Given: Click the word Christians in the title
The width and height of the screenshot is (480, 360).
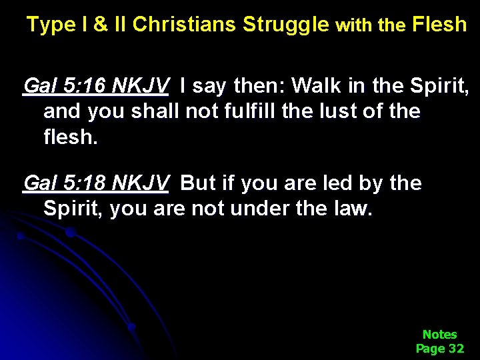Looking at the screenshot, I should coord(185,25).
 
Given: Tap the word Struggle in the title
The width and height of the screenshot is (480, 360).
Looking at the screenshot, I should coord(286,25).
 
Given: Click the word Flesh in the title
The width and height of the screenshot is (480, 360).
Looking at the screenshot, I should coord(440,25).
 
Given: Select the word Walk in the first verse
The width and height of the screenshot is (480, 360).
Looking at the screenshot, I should coord(315,86).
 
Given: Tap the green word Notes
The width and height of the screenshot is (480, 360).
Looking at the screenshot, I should coord(440,334).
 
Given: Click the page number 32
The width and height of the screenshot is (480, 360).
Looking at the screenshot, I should coord(456,348).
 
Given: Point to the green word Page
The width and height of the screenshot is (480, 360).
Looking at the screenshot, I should coord(431,348).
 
